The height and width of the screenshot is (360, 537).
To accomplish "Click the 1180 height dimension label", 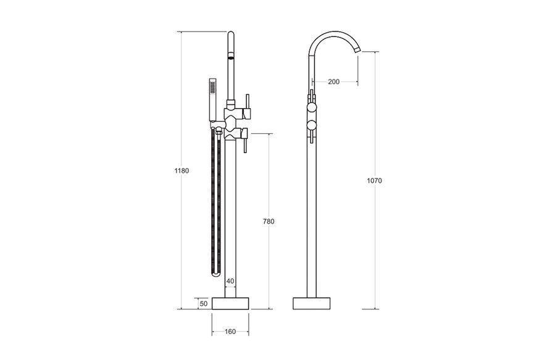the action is [181, 170].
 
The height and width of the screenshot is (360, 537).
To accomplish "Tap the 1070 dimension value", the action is [374, 180].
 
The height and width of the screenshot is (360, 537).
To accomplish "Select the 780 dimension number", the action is [268, 221].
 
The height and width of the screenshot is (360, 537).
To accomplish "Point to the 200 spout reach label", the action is [333, 82].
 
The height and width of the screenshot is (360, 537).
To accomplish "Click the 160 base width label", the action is [230, 332].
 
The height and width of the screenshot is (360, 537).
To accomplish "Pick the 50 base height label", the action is [204, 303].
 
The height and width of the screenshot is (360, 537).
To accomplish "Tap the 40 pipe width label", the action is [230, 281].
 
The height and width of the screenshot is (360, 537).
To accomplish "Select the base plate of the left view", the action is [230, 303].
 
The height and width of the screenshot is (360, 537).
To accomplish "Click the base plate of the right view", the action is [311, 303].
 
